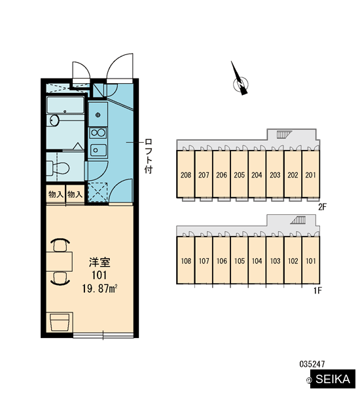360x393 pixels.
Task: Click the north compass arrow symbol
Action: [x=240, y=80]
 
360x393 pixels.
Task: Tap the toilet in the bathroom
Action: [x=58, y=168]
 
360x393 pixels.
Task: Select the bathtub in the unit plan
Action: [x=65, y=105]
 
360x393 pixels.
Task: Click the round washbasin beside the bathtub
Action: [x=54, y=121]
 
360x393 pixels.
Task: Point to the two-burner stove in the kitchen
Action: [x=98, y=133]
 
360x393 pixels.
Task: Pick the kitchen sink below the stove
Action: [x=98, y=150]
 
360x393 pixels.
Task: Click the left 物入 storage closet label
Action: [x=56, y=194]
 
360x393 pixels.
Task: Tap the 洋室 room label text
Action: [x=99, y=262]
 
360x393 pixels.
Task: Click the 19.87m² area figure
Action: [x=99, y=289]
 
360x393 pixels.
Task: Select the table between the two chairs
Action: [x=60, y=262]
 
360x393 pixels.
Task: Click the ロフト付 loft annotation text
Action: [x=149, y=156]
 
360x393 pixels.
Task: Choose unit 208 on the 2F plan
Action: [x=186, y=175]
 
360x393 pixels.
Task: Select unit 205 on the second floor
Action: [x=240, y=175]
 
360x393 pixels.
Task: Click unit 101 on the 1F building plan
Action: [x=311, y=261]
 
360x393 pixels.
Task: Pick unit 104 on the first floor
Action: [x=257, y=261]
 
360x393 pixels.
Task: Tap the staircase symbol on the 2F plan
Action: [x=284, y=134]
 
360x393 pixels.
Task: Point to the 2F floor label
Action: [x=323, y=207]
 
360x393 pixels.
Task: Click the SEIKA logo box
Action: [x=333, y=379]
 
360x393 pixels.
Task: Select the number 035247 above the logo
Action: [x=312, y=364]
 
